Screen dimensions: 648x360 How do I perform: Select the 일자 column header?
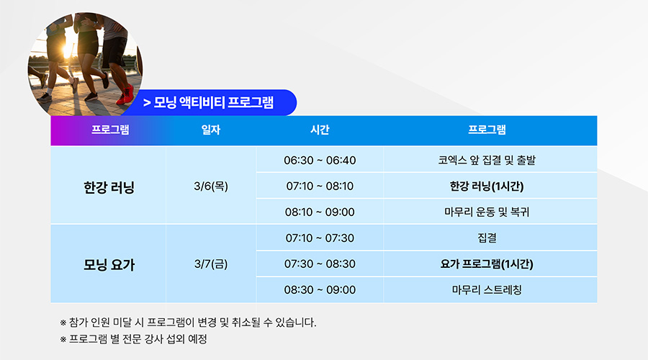(211, 130)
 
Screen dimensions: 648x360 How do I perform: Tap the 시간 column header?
(320, 130)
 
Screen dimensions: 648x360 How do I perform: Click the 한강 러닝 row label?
(109, 187)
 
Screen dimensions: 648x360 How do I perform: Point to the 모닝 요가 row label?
(109, 264)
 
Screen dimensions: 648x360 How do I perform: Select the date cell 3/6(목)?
(211, 186)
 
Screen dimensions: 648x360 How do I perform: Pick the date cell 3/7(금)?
(211, 264)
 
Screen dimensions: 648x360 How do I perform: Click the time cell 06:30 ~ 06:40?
(320, 161)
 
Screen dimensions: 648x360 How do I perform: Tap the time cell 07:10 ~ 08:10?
(320, 186)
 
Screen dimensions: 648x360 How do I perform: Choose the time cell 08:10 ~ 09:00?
(320, 212)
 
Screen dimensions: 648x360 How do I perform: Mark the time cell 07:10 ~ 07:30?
(320, 238)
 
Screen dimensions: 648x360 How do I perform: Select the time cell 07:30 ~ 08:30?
(320, 264)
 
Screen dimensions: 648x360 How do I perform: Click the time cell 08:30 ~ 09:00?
(320, 289)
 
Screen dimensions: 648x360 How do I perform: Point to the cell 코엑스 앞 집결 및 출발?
(487, 161)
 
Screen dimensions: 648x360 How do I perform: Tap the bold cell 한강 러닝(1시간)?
(487, 186)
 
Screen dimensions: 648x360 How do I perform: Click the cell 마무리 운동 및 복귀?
(487, 212)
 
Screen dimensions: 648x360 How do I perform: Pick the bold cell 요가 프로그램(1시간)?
(487, 264)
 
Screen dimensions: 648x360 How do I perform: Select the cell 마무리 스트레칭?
(487, 289)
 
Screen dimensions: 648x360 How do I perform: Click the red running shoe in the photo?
(125, 95)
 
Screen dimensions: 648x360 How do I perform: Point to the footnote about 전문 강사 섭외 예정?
(133, 339)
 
